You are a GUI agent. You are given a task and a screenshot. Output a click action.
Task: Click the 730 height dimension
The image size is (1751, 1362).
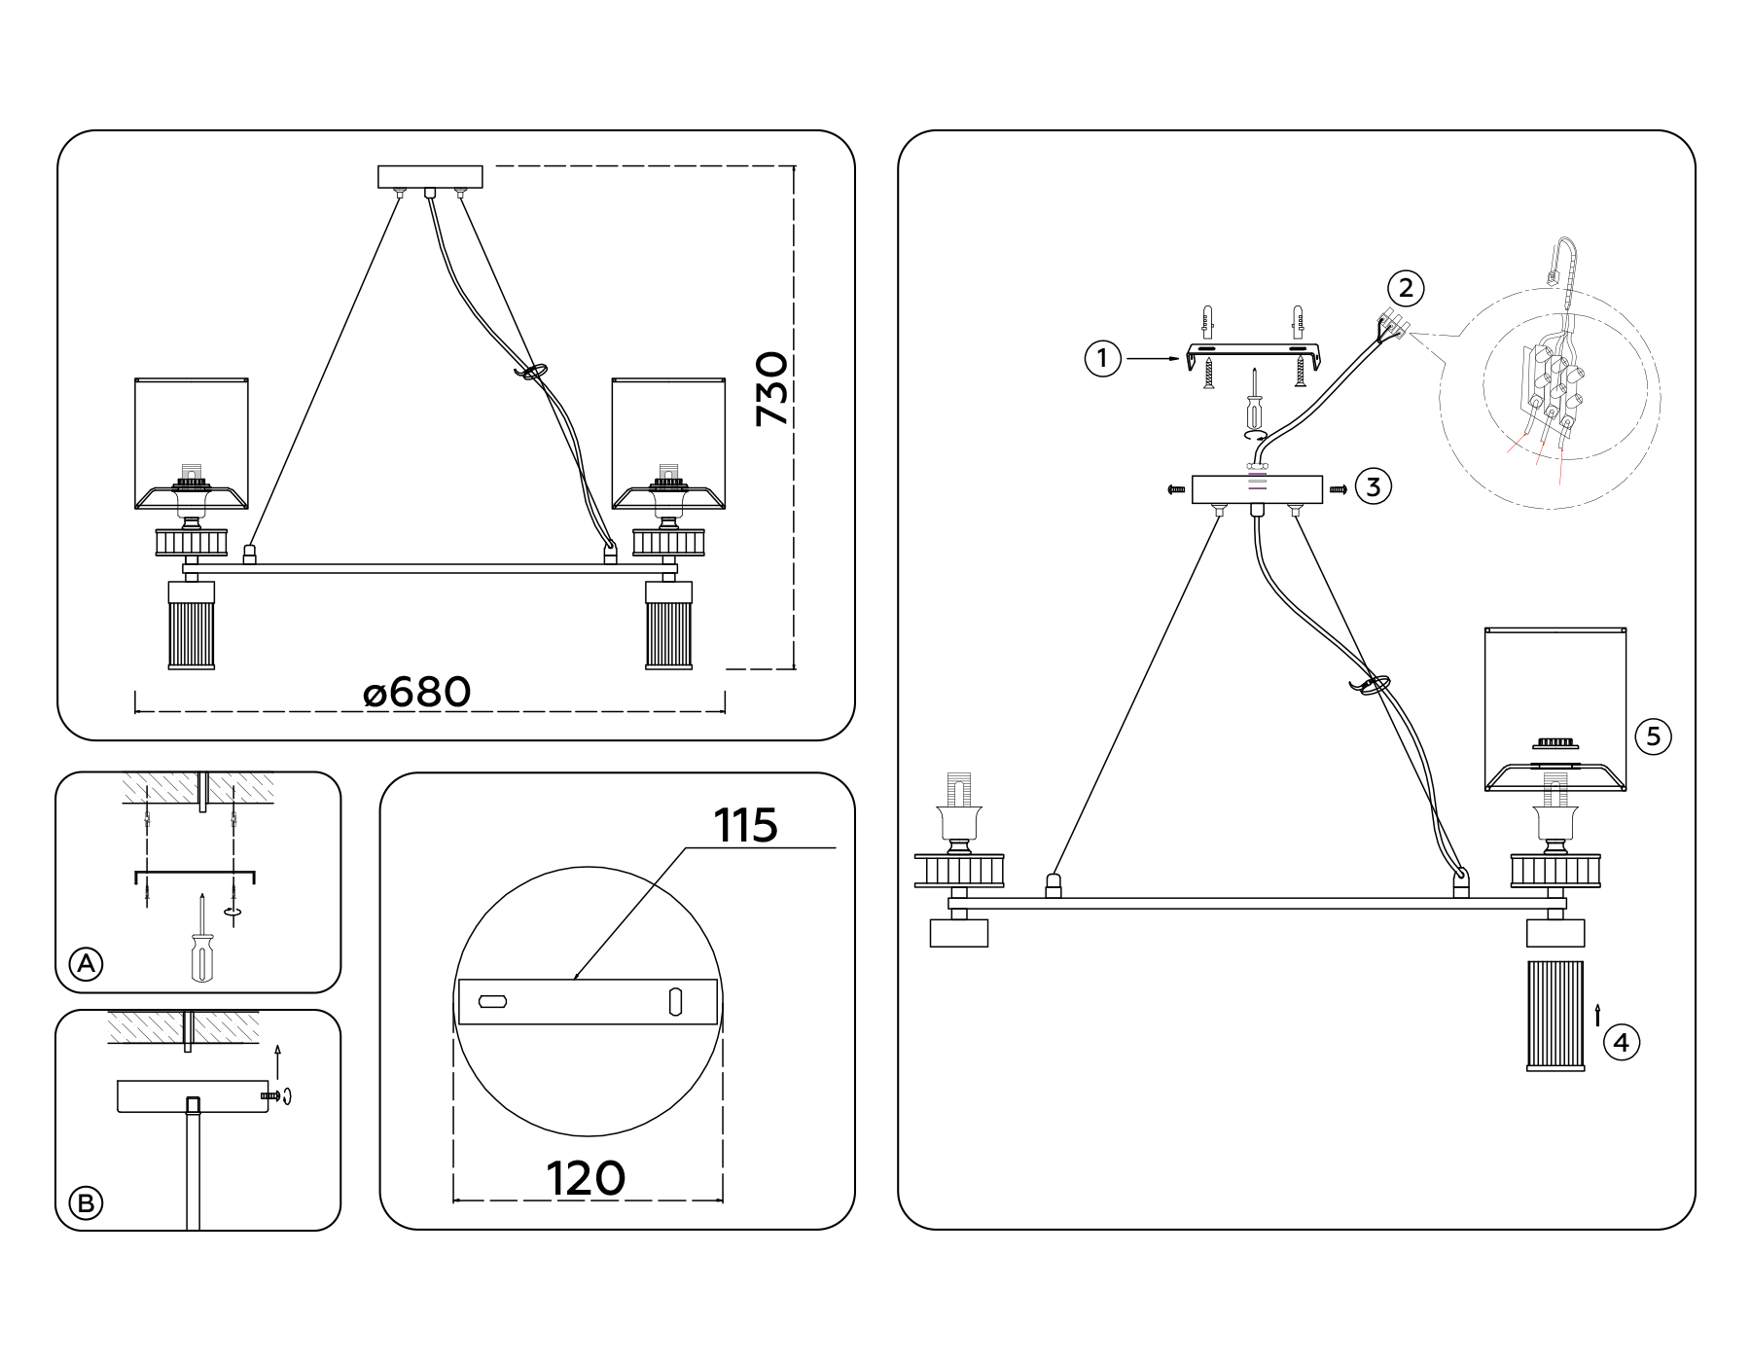pos(772,389)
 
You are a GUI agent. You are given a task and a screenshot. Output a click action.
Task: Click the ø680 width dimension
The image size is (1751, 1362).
pos(417,693)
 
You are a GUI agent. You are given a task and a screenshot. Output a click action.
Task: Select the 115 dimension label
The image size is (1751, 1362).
pos(746,826)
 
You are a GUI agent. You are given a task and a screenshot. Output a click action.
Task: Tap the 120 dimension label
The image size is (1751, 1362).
pos(586,1179)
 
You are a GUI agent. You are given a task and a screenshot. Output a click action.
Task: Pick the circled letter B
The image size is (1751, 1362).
pos(86,1203)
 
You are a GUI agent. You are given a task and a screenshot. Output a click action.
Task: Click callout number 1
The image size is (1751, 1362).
pos(1102,359)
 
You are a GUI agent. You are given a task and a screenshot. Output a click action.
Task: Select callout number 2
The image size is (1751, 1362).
pos(1406,288)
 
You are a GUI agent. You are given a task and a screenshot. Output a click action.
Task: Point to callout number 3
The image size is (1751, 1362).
pos(1373,486)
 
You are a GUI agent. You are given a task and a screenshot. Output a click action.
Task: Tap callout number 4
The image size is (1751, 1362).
pos(1620,1043)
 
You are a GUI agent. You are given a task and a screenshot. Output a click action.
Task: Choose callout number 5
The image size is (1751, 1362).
pos(1654,735)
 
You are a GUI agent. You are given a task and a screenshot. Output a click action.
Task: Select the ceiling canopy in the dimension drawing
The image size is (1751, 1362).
pos(430,177)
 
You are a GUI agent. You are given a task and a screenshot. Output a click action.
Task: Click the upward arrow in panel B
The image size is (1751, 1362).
pos(278,1061)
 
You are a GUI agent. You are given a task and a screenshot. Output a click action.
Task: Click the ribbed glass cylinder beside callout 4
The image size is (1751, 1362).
pos(1555,1016)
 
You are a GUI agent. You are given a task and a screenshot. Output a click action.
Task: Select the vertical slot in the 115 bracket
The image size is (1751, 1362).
pos(675,1001)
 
